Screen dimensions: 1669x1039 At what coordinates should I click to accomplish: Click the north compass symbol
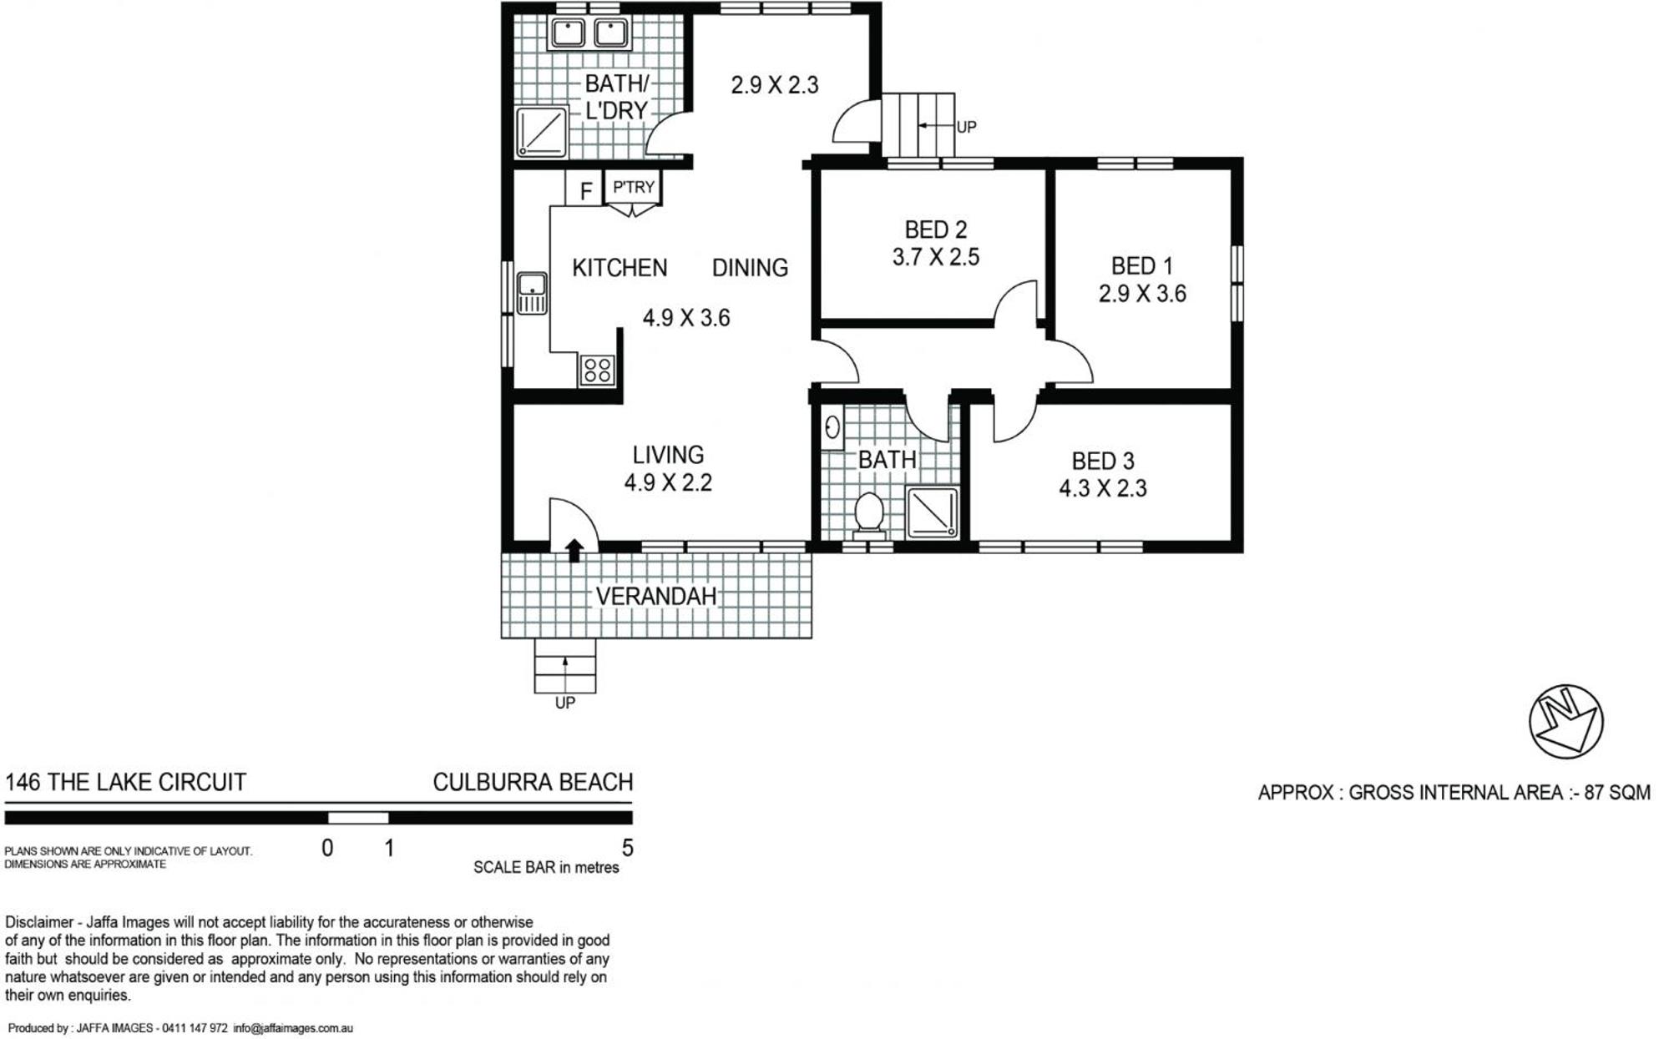point(1565,722)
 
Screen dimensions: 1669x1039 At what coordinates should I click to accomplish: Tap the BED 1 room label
point(1141,266)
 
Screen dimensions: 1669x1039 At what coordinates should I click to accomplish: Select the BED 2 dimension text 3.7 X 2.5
point(935,257)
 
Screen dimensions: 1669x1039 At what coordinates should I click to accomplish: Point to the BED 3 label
point(1102,461)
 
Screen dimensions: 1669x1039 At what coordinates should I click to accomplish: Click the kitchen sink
point(532,293)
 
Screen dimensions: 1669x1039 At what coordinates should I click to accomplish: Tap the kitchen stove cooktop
point(597,370)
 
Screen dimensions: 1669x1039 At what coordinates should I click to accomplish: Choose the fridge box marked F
point(584,189)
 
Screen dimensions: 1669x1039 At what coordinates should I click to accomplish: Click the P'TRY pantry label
point(634,187)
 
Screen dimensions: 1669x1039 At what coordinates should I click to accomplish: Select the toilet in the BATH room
point(868,512)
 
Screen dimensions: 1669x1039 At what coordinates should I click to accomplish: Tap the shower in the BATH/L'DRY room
point(542,132)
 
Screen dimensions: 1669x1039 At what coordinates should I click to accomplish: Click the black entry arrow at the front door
point(574,550)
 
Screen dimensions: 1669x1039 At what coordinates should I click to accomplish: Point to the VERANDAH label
point(655,596)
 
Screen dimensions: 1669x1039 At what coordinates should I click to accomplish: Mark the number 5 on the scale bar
point(628,848)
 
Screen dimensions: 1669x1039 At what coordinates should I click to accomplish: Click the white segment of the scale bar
point(358,818)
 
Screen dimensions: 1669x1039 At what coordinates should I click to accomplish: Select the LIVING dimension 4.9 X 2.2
point(668,482)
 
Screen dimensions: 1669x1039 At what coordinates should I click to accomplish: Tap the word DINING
point(750,267)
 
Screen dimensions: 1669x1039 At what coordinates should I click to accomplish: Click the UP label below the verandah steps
point(565,703)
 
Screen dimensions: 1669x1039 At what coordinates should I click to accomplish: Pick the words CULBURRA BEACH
point(533,782)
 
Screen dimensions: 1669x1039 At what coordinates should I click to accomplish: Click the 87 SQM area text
point(1617,792)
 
